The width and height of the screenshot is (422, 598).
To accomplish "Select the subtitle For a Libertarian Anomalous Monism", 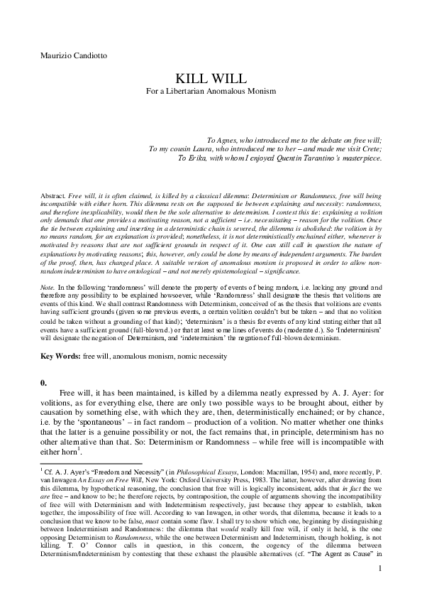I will (x=211, y=91).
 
